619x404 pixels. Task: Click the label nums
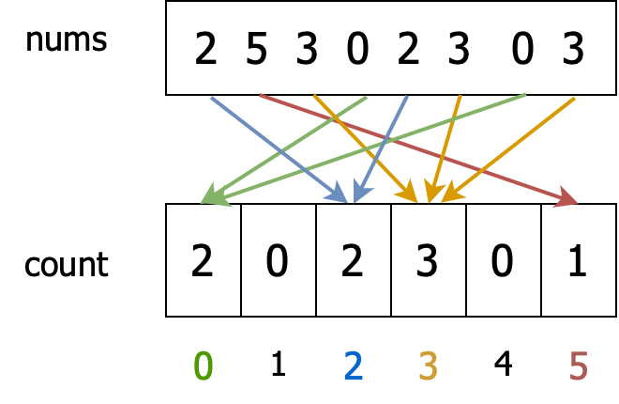click(66, 40)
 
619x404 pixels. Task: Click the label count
click(66, 265)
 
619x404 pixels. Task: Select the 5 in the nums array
click(256, 50)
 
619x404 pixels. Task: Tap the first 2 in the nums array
click(205, 50)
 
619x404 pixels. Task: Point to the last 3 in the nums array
click(573, 50)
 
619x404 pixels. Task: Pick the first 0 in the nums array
click(357, 50)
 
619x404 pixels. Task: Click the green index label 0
click(203, 365)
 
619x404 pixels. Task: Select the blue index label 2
click(353, 365)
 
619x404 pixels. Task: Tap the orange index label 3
click(428, 365)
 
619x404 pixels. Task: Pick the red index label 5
click(578, 365)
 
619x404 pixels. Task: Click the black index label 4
click(503, 364)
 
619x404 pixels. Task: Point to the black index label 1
click(278, 364)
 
